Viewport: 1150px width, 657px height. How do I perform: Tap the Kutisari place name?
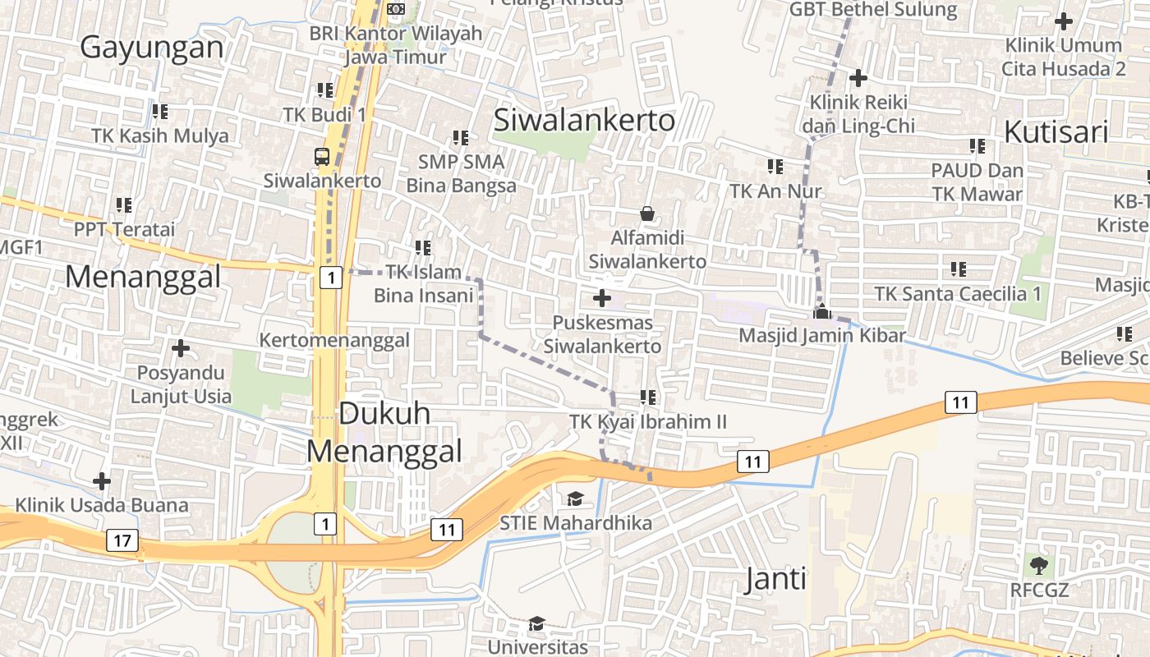click(x=1056, y=131)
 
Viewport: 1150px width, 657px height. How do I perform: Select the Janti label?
click(x=775, y=580)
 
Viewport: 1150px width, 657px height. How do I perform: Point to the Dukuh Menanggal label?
click(x=384, y=432)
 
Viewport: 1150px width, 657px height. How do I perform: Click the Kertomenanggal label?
click(x=334, y=340)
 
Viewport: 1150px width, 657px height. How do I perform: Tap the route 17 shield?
click(x=122, y=540)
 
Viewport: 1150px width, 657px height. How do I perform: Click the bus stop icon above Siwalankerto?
click(x=322, y=157)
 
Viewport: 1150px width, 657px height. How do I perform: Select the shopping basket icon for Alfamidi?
click(x=647, y=214)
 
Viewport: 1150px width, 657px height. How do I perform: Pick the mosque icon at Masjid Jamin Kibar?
click(x=821, y=311)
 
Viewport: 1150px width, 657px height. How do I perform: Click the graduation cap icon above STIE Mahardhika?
click(x=575, y=498)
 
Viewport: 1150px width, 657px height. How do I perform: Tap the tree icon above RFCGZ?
click(x=1039, y=565)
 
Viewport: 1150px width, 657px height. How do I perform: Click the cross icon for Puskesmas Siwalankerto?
click(x=602, y=298)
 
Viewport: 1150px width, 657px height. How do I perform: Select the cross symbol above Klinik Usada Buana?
click(x=102, y=480)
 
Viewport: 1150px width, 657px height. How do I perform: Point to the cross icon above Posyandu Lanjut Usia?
click(x=181, y=348)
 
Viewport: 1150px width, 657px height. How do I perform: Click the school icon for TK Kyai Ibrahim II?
click(x=648, y=397)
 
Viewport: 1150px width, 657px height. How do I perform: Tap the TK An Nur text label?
click(x=775, y=191)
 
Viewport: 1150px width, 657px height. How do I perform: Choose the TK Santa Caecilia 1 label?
click(x=958, y=293)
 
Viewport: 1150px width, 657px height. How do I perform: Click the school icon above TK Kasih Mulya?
click(x=159, y=111)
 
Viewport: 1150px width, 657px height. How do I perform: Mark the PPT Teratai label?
click(x=125, y=229)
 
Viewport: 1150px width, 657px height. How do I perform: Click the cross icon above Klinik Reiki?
click(x=858, y=78)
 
